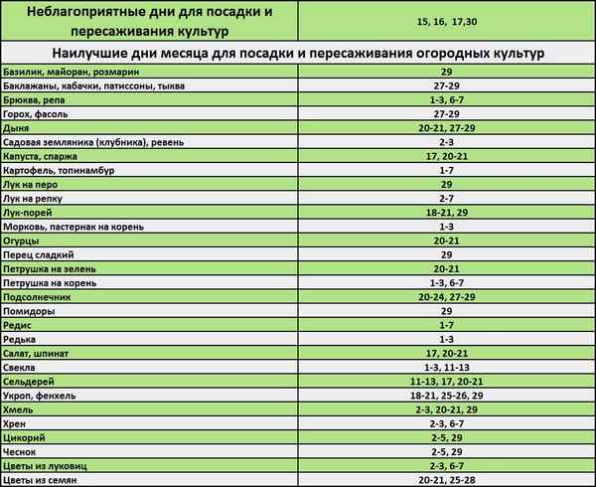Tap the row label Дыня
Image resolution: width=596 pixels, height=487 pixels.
[x=17, y=129]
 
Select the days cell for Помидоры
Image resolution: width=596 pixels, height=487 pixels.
[x=445, y=311]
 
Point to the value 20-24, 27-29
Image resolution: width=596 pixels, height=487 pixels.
[x=445, y=297]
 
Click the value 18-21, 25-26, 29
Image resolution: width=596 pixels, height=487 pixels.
[x=445, y=396]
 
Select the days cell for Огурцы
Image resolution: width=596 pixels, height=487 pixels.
[x=445, y=242]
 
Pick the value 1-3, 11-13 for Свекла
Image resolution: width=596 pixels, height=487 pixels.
[x=445, y=368]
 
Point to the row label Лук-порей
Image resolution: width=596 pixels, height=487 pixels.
[x=32, y=213]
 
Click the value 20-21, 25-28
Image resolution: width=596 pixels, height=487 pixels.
[x=445, y=480]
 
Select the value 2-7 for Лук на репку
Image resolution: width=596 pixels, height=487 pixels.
[x=445, y=199]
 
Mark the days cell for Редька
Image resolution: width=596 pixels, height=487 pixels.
[x=445, y=340]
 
